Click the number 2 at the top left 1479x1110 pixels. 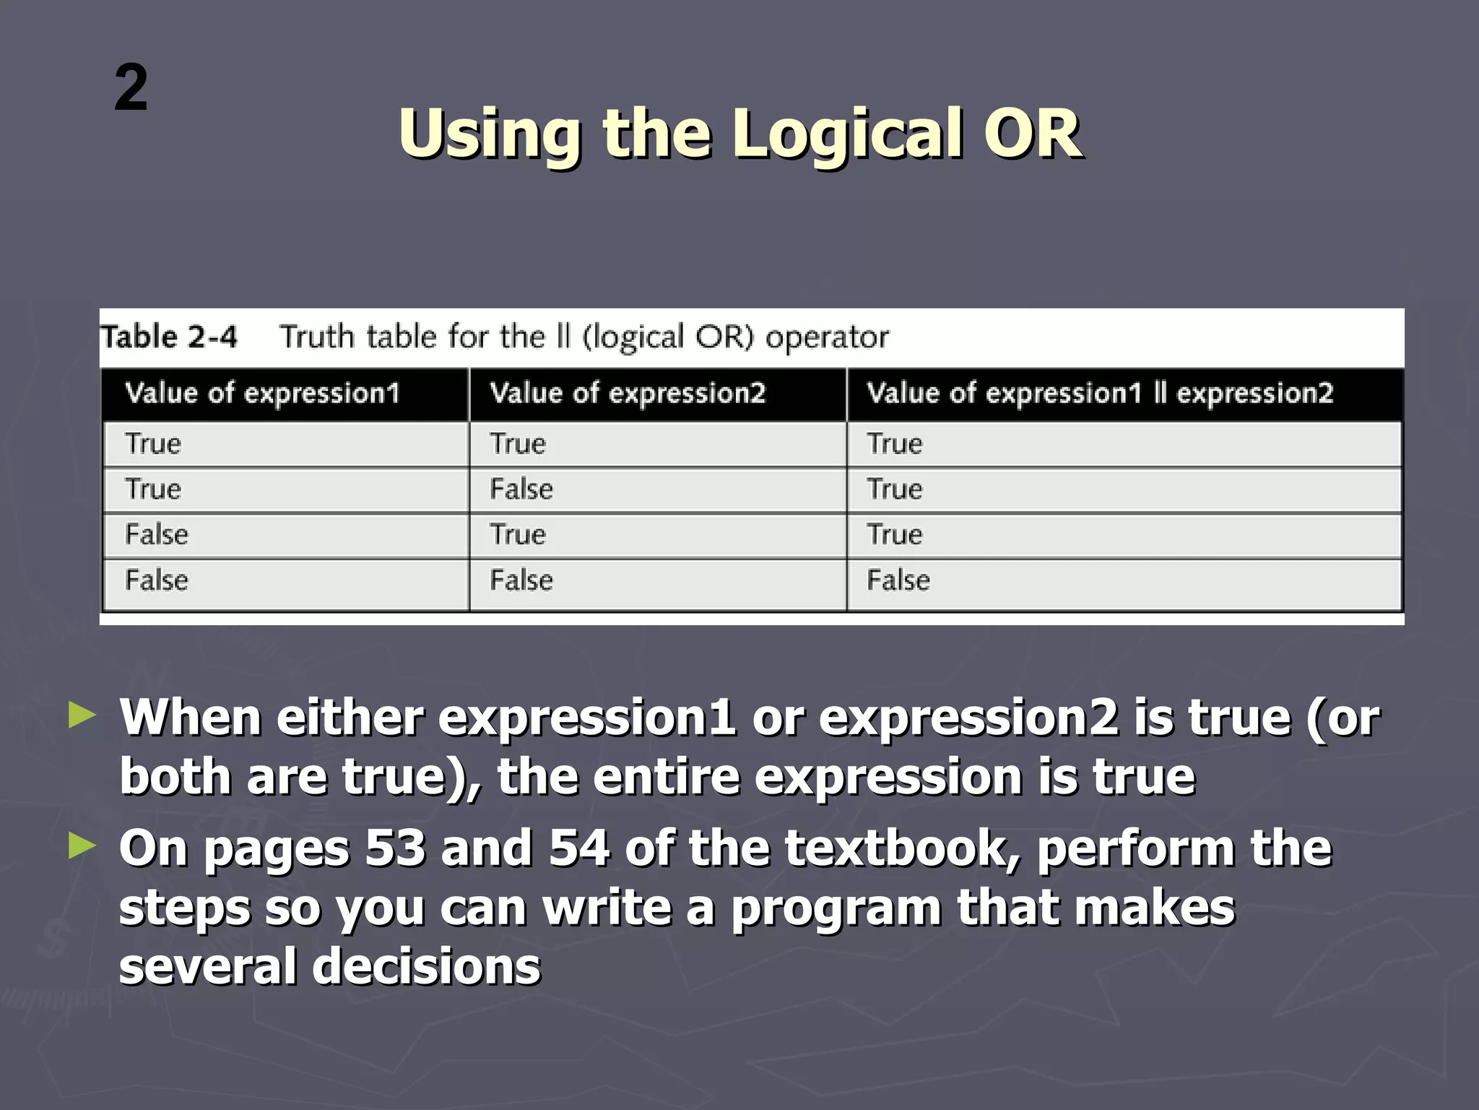(x=131, y=88)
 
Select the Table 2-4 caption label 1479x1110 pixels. (x=169, y=337)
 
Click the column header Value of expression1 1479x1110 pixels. (x=262, y=394)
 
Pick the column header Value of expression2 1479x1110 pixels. (x=627, y=394)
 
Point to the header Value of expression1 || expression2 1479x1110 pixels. (x=1099, y=394)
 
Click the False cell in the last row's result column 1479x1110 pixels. (x=898, y=580)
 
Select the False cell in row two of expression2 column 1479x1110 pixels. (x=521, y=489)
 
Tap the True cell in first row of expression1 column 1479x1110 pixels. (x=152, y=444)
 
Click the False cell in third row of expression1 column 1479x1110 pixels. (x=156, y=535)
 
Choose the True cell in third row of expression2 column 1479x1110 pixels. (x=517, y=535)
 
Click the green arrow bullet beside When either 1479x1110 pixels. (x=82, y=715)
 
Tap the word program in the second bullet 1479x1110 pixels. (x=836, y=909)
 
